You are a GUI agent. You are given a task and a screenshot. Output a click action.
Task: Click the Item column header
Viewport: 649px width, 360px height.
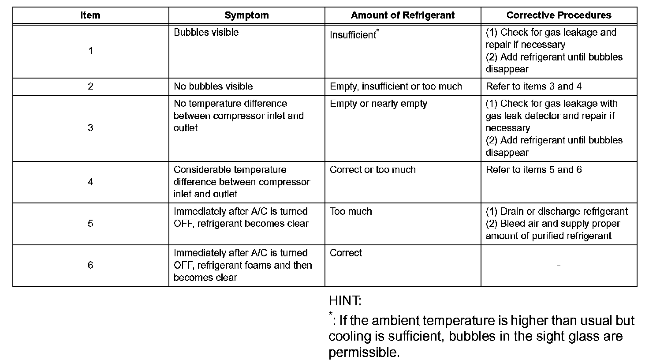pyautogui.click(x=90, y=15)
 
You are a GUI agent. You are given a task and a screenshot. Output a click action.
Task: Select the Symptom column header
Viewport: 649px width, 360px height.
pyautogui.click(x=246, y=15)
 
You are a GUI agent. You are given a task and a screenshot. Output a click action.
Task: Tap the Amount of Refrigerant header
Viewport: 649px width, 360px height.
pyautogui.click(x=403, y=15)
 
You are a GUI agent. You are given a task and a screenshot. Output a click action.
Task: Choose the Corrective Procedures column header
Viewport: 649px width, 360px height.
pyautogui.click(x=559, y=15)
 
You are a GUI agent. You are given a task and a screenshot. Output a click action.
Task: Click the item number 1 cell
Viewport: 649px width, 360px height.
pyautogui.click(x=90, y=51)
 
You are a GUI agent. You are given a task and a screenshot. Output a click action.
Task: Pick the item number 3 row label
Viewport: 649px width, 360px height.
pyautogui.click(x=90, y=128)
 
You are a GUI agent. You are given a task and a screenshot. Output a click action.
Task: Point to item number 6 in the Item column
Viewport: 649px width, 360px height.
pyautogui.click(x=90, y=265)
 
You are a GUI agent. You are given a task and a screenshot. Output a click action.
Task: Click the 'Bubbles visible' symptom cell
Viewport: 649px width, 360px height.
pyautogui.click(x=206, y=33)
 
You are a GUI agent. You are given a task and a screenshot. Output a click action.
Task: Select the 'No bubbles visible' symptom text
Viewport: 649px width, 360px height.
pyautogui.click(x=213, y=86)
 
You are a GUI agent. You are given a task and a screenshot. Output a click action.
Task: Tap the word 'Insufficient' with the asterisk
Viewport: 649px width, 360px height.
pyautogui.click(x=353, y=35)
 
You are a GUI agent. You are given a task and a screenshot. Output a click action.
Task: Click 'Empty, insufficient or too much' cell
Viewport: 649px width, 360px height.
pyautogui.click(x=395, y=86)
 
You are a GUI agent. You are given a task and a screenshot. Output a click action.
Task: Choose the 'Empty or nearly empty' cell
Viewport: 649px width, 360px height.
pyautogui.click(x=378, y=104)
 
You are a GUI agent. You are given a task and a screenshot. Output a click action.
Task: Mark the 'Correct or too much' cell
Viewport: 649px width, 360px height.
pyautogui.click(x=373, y=170)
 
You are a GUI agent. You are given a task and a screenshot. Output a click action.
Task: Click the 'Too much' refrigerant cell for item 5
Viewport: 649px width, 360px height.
pyautogui.click(x=351, y=211)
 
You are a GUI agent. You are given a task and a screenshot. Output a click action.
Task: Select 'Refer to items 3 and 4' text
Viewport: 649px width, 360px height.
pyautogui.click(x=533, y=86)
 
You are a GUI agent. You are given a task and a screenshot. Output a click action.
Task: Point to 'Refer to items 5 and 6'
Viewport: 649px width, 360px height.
pyautogui.click(x=533, y=170)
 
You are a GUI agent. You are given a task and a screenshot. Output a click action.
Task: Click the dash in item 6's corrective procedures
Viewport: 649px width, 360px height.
pyautogui.click(x=559, y=266)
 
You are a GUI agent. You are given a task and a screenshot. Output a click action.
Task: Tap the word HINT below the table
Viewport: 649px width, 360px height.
pyautogui.click(x=345, y=301)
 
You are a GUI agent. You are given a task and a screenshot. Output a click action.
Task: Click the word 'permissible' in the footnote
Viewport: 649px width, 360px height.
pyautogui.click(x=363, y=352)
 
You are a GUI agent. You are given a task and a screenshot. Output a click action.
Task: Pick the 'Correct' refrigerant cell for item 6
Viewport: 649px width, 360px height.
pyautogui.click(x=346, y=253)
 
